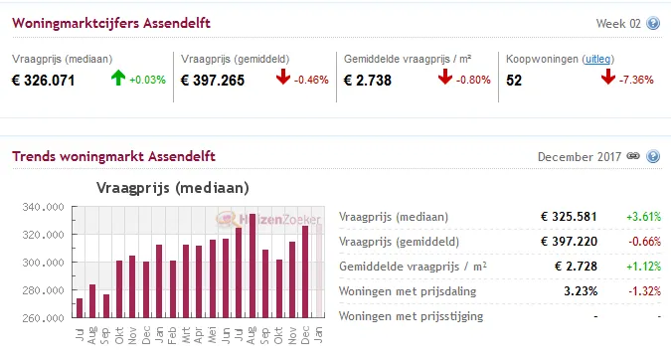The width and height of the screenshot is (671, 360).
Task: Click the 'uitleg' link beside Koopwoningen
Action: click(x=596, y=59)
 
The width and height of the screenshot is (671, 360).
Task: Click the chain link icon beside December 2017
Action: click(x=633, y=157)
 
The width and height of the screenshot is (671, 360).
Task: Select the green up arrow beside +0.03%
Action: click(x=118, y=79)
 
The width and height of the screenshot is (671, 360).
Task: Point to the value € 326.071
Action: click(x=43, y=81)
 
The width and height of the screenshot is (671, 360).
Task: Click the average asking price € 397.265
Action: click(x=213, y=81)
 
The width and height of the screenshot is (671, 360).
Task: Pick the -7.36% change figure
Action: click(x=642, y=80)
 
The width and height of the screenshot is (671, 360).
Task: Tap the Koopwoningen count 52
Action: click(x=514, y=81)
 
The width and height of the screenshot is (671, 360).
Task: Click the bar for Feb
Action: click(x=172, y=289)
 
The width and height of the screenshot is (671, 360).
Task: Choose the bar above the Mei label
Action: click(x=212, y=278)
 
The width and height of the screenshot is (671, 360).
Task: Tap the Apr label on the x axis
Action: click(x=199, y=337)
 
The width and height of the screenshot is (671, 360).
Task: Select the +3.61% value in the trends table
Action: click(x=643, y=217)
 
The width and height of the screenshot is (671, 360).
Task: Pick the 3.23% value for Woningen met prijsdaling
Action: click(x=580, y=291)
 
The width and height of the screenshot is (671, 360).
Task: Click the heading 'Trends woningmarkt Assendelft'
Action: click(x=113, y=157)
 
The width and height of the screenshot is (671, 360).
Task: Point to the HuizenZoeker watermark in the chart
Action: click(x=263, y=220)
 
